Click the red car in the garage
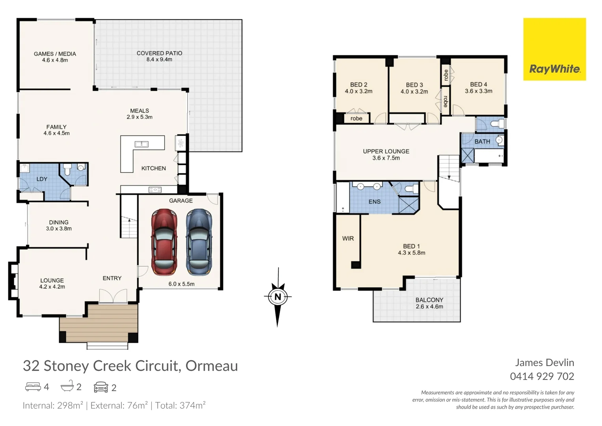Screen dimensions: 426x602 (164, 242)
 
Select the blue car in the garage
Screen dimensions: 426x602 (199, 242)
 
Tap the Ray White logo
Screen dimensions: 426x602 (554, 49)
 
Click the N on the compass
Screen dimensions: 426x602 (278, 297)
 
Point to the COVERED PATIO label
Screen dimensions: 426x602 (159, 53)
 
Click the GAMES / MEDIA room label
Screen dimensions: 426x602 (55, 54)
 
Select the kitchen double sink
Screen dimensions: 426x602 (141, 144)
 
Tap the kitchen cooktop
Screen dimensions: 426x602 (155, 190)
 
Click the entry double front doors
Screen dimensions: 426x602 (113, 296)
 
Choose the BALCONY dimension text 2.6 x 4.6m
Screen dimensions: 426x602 (429, 306)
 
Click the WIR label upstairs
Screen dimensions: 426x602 (348, 239)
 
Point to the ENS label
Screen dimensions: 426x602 (374, 202)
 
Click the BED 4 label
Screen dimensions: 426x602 (478, 84)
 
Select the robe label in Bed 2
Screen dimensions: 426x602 (356, 118)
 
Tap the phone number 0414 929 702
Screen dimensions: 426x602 (542, 376)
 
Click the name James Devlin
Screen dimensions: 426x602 (544, 362)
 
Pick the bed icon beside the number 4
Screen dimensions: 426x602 (33, 387)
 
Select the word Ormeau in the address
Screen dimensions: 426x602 (212, 366)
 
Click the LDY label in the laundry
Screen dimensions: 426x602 (42, 179)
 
